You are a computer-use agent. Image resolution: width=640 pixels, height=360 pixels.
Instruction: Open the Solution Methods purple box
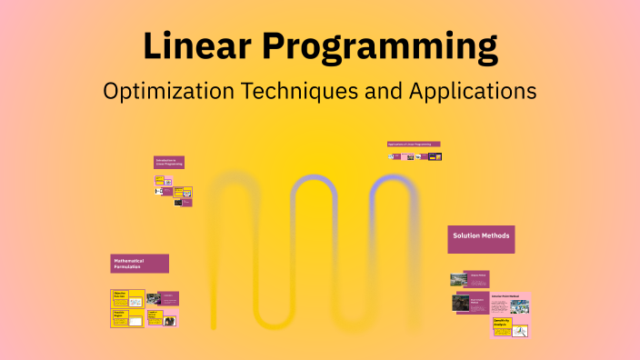pyautogui.click(x=481, y=239)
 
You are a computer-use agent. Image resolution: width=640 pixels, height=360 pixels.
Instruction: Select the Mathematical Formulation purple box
pyautogui.click(x=139, y=264)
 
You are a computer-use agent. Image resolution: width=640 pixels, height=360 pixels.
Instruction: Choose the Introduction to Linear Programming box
pyautogui.click(x=168, y=162)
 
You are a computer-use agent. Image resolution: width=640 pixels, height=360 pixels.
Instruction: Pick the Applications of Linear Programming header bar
pyautogui.click(x=414, y=144)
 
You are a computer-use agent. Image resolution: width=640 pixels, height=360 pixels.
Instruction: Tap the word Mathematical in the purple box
pyautogui.click(x=128, y=260)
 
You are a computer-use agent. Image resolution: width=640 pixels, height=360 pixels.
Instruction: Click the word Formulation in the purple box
pyautogui.click(x=127, y=266)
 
